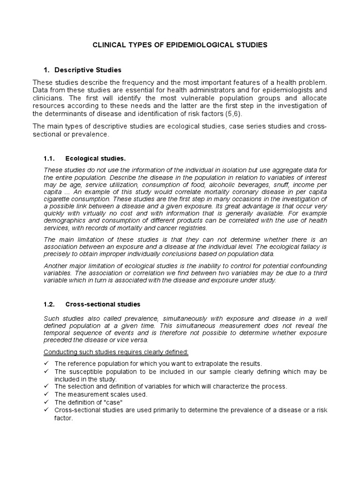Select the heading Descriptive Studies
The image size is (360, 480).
[88, 70]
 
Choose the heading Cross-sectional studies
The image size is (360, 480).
[103, 304]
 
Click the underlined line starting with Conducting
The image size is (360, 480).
[116, 352]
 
